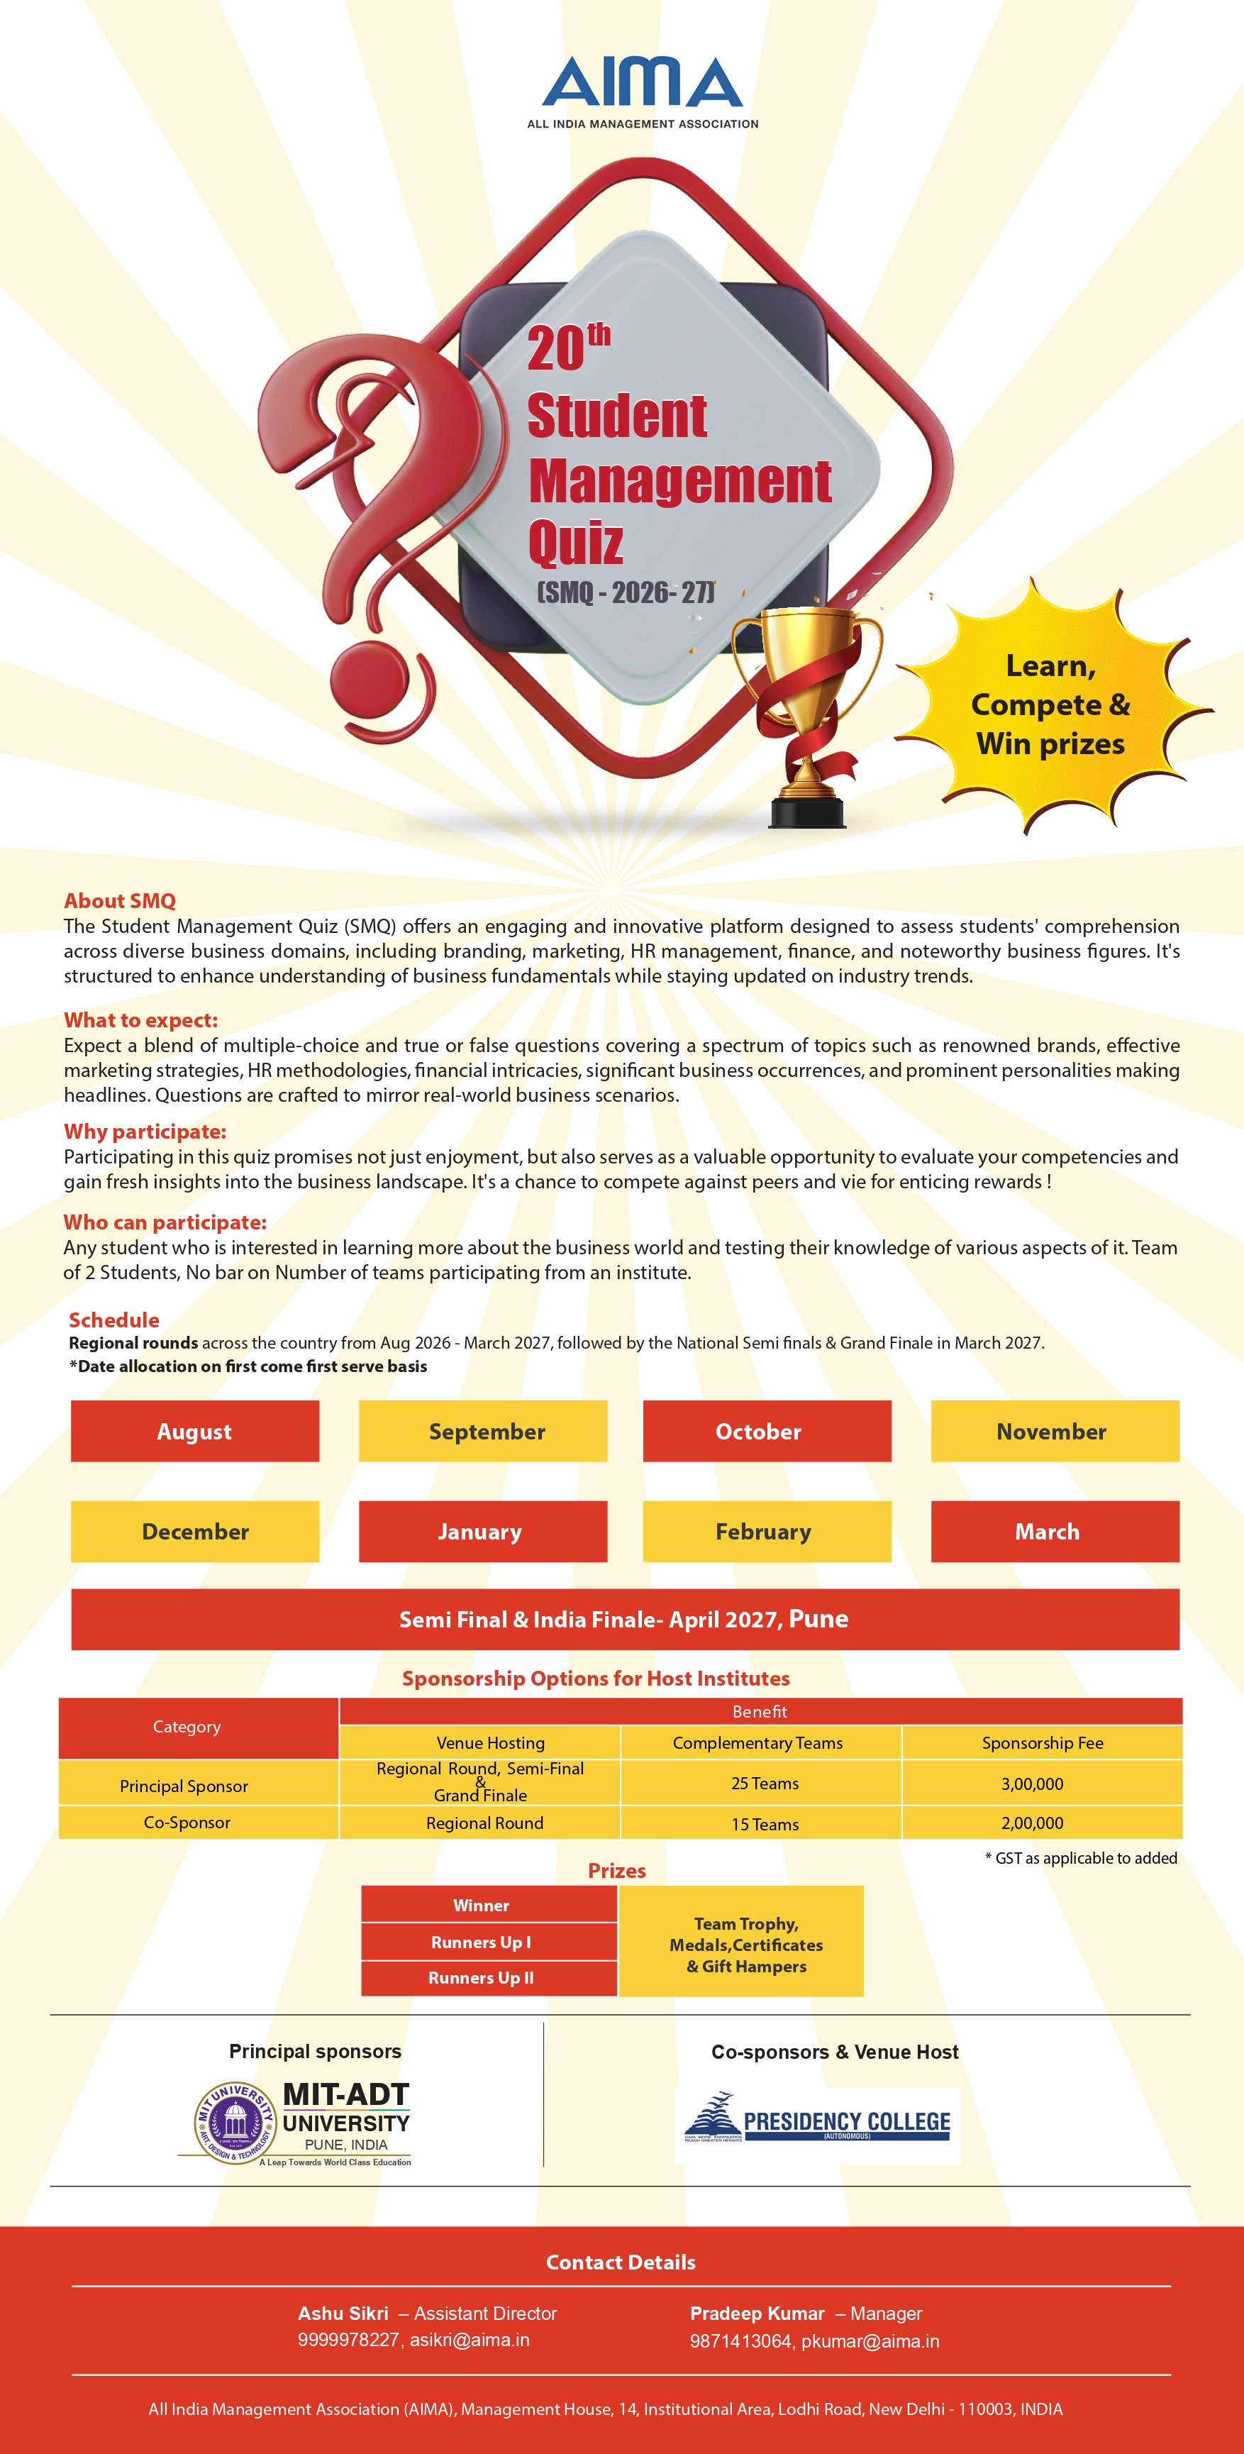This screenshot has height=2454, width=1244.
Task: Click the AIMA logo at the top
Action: tap(642, 91)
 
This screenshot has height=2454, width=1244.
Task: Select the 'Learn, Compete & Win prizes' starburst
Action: tap(1050, 705)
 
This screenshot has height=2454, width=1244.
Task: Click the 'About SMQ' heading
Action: tap(120, 900)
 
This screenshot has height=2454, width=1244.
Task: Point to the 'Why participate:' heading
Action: tap(145, 1131)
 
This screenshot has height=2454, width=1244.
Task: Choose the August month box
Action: tap(194, 1431)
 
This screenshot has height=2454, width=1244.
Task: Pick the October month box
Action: tap(767, 1431)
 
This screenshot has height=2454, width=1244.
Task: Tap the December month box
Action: tap(194, 1531)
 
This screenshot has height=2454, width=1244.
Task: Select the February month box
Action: tap(767, 1531)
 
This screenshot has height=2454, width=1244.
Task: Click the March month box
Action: tap(1055, 1531)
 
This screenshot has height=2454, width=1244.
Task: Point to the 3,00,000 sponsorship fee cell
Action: tap(1033, 1784)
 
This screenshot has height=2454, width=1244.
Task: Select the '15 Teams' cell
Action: tap(765, 1823)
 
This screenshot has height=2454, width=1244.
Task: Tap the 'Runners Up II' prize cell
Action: tap(481, 1978)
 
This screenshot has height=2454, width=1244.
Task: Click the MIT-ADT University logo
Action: tap(303, 2123)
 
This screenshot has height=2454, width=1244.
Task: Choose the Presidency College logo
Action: tap(817, 2126)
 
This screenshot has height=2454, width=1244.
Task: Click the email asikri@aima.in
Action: tap(470, 2340)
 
